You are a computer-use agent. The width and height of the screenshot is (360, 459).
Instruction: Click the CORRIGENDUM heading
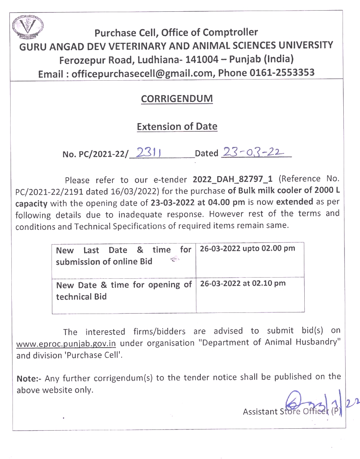coord(177,99)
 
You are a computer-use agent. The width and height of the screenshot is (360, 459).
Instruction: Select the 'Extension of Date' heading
coord(177,126)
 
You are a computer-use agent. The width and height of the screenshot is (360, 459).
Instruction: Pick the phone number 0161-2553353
coord(281,72)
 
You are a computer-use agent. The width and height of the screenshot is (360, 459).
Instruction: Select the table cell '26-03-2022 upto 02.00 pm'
coord(247,249)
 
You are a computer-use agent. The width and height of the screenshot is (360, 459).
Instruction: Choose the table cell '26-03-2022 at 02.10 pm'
coord(243,283)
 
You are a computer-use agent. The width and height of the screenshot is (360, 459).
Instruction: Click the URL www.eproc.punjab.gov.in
coord(66,344)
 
